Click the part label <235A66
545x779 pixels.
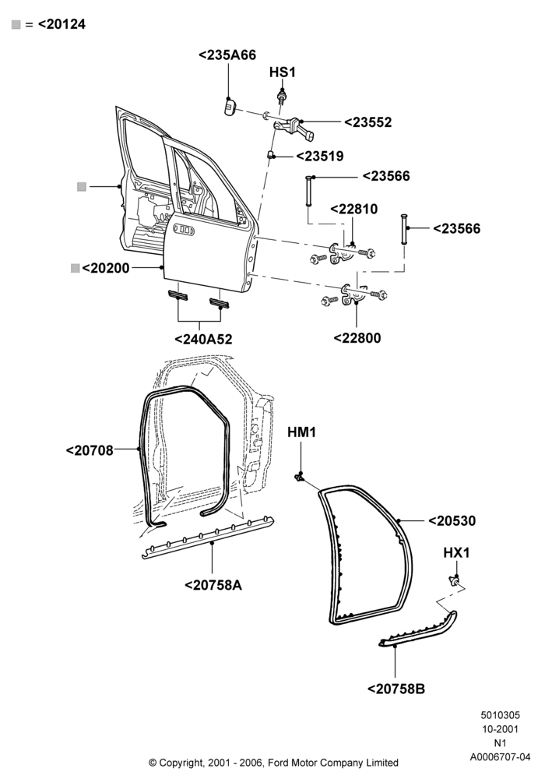(x=227, y=55)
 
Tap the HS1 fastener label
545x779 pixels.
(x=282, y=72)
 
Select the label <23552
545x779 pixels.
(x=367, y=122)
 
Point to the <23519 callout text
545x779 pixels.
(x=320, y=156)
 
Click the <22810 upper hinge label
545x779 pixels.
(x=354, y=209)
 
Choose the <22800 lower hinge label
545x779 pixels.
(x=357, y=338)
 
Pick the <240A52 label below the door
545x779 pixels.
(x=203, y=340)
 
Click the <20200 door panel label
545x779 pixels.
(x=105, y=268)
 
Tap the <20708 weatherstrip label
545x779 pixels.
(x=90, y=450)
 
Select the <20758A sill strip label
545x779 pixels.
(x=213, y=585)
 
